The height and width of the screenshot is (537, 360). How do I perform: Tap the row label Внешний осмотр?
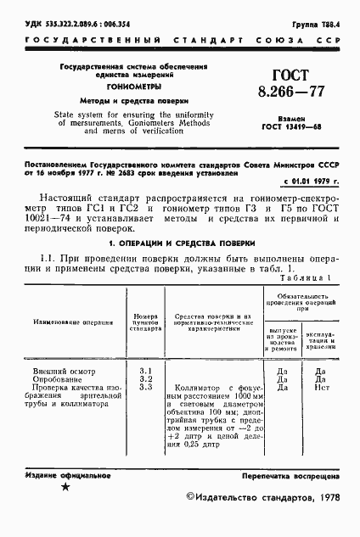click(65, 395)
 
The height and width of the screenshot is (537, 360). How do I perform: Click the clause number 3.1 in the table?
click(144, 395)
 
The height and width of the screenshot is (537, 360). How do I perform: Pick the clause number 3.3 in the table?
click(144, 412)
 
